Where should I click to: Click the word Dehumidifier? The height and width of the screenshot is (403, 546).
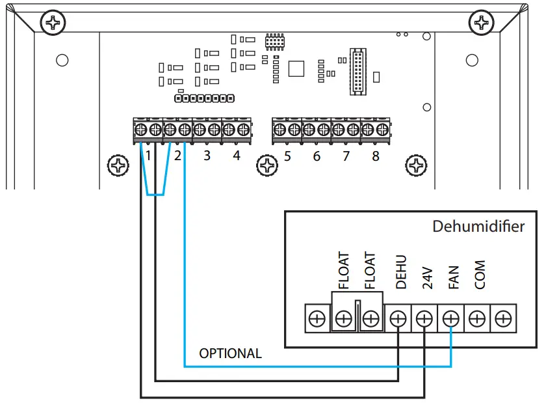pyautogui.click(x=478, y=227)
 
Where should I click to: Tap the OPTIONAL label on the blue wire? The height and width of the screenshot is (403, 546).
pyautogui.click(x=230, y=354)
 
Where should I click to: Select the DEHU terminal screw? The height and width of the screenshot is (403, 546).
pyautogui.click(x=397, y=319)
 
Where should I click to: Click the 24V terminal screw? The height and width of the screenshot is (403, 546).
pyautogui.click(x=424, y=319)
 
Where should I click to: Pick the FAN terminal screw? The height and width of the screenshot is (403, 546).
pyautogui.click(x=450, y=319)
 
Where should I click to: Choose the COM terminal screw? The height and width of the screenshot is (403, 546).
pyautogui.click(x=476, y=319)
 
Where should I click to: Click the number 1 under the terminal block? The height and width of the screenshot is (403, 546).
pyautogui.click(x=149, y=156)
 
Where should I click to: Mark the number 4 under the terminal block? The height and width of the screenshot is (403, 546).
pyautogui.click(x=237, y=156)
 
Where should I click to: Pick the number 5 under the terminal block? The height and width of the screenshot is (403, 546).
pyautogui.click(x=287, y=156)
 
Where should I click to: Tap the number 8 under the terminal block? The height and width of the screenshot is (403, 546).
pyautogui.click(x=375, y=156)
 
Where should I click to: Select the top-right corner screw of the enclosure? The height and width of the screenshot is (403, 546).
pyautogui.click(x=483, y=23)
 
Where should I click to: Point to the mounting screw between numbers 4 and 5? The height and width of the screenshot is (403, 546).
pyautogui.click(x=267, y=165)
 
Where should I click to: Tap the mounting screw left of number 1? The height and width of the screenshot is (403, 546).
pyautogui.click(x=118, y=165)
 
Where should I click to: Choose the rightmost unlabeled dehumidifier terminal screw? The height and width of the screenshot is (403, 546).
pyautogui.click(x=502, y=319)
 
